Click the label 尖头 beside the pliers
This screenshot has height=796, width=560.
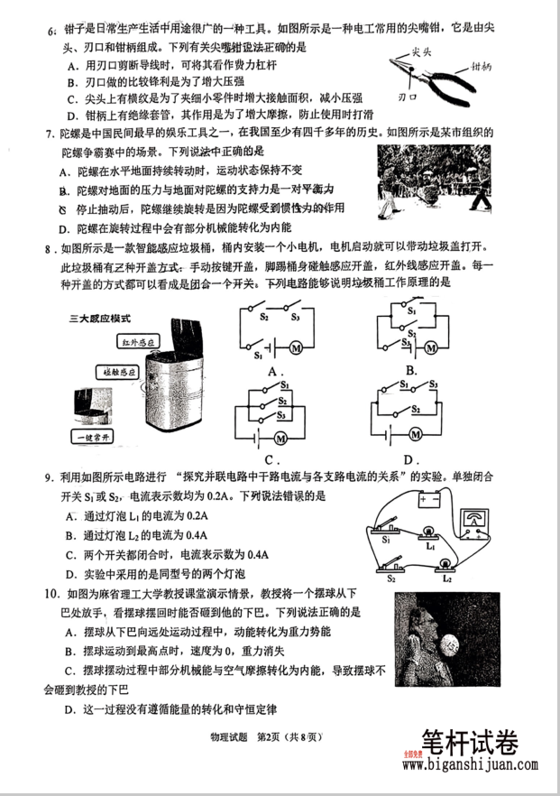click(418, 53)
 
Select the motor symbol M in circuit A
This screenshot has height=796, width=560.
click(292, 346)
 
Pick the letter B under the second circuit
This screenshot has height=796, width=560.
click(410, 371)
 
